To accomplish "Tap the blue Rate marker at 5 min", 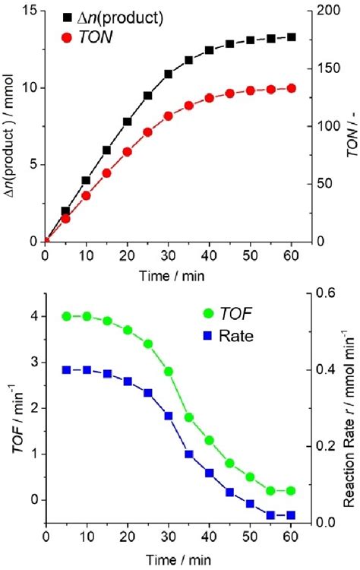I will (66, 369).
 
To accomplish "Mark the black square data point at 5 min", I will (66, 211).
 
